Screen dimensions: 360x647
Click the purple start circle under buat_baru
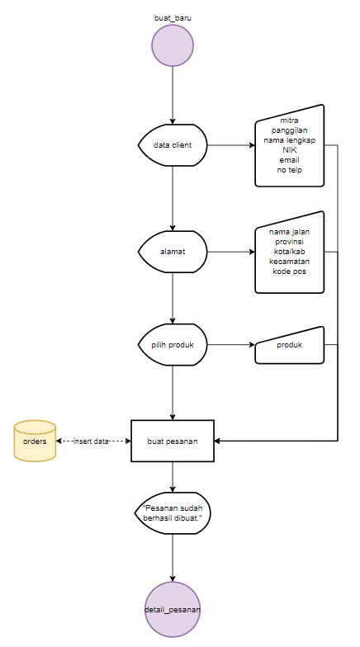[x=173, y=45]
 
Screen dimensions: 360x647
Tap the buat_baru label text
[x=173, y=18]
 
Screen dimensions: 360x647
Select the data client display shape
[x=173, y=145]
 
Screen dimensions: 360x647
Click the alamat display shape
[x=173, y=252]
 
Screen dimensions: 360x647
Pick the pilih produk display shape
[x=173, y=345]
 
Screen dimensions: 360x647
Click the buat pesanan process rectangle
[x=173, y=441]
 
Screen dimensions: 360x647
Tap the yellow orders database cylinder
[x=35, y=441]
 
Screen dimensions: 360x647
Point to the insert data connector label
[x=91, y=441]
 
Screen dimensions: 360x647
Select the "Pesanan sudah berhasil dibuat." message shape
[x=173, y=513]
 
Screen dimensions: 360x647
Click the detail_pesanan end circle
[x=173, y=609]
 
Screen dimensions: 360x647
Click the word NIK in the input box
[x=289, y=150]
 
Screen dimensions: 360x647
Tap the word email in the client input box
[x=289, y=160]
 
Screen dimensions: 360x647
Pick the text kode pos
[x=289, y=272]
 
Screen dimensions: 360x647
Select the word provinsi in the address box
[x=289, y=241]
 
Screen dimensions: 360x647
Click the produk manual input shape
[x=289, y=345]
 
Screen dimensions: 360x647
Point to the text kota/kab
[x=289, y=251]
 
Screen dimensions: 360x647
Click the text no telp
[x=289, y=170]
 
